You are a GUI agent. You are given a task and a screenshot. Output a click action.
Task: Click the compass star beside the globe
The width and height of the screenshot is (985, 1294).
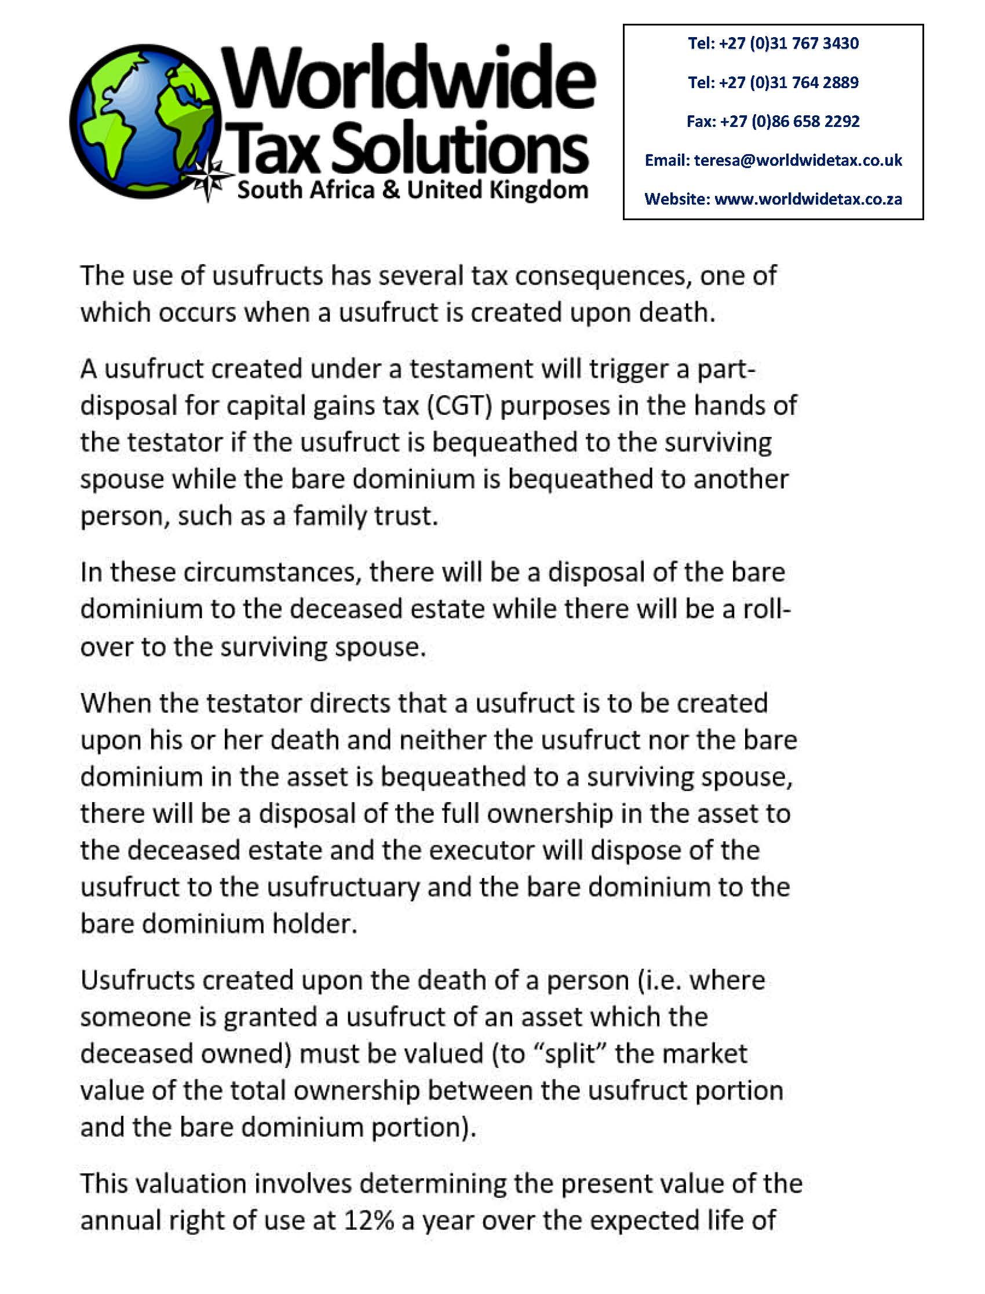(209, 177)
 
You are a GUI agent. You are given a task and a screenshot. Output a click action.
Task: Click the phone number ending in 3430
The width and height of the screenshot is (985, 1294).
(774, 43)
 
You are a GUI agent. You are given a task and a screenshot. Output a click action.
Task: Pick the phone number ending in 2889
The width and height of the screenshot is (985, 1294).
(774, 82)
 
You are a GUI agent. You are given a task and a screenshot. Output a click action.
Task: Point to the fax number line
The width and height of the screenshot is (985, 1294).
(774, 121)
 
